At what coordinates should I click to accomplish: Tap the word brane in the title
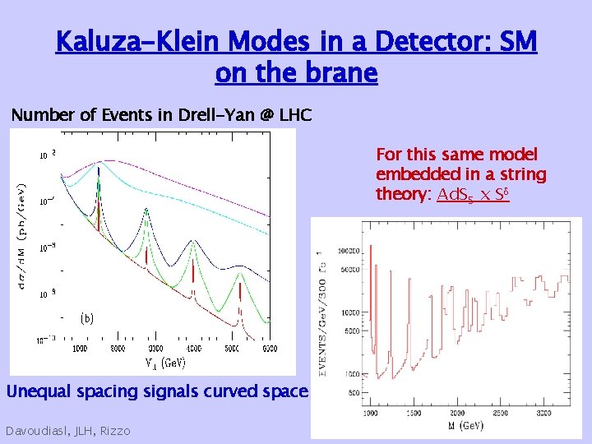[x=339, y=73]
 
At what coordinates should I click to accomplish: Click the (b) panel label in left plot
[x=87, y=318]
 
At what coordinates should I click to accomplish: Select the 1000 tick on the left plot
[x=80, y=349]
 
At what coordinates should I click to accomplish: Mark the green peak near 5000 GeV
[x=239, y=284]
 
